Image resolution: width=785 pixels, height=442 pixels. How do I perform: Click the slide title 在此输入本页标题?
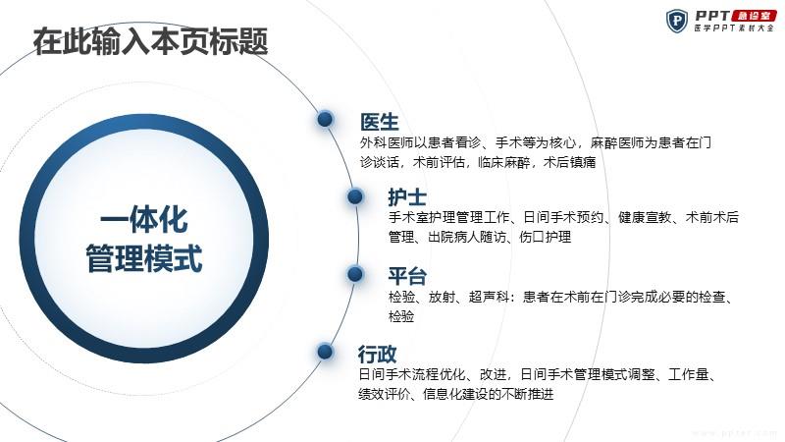tap(150, 41)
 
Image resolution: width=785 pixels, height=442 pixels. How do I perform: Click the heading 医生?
tap(380, 122)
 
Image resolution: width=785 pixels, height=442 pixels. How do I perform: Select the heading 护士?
tap(407, 197)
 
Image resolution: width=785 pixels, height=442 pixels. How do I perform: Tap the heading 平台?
tap(407, 277)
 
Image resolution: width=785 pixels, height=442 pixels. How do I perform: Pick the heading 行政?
tap(377, 355)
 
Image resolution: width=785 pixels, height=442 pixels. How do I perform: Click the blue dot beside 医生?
tap(325, 119)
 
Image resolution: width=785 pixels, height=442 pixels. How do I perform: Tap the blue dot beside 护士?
tap(355, 196)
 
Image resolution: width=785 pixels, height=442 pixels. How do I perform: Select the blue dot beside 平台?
tap(355, 274)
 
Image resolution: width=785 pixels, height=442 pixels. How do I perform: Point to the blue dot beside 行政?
tap(325, 352)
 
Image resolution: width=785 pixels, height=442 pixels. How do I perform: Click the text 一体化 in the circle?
tap(144, 220)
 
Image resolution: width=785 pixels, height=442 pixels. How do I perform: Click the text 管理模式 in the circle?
tap(144, 258)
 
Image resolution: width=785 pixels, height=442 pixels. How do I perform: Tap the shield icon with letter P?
tap(677, 21)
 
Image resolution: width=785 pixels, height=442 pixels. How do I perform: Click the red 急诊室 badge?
tap(754, 16)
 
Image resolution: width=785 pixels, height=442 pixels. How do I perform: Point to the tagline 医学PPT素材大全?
tap(734, 28)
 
